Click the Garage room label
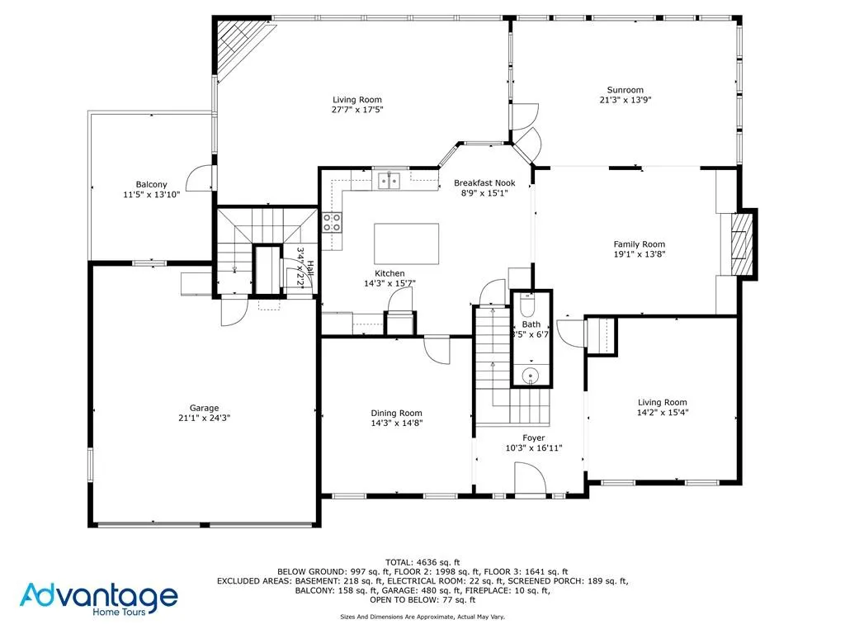[x=204, y=408]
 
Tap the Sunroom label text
[x=625, y=90]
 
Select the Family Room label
[x=639, y=244]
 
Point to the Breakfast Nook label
[x=484, y=182]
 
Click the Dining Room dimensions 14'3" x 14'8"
[x=396, y=423]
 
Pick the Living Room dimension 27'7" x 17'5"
[x=357, y=109]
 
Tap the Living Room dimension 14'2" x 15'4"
[x=662, y=413]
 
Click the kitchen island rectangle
[x=407, y=243]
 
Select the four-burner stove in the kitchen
[x=333, y=221]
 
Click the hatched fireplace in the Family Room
[x=744, y=243]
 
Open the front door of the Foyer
[x=530, y=479]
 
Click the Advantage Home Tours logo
[x=99, y=598]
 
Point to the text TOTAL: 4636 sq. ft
[x=422, y=561]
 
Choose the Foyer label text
[x=533, y=438]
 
